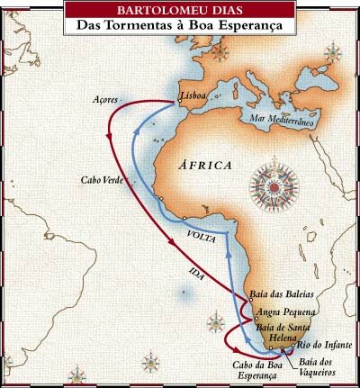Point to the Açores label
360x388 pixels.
pos(118,101)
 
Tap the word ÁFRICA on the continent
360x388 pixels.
pos(208,166)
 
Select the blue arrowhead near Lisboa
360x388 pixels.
pos(134,131)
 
